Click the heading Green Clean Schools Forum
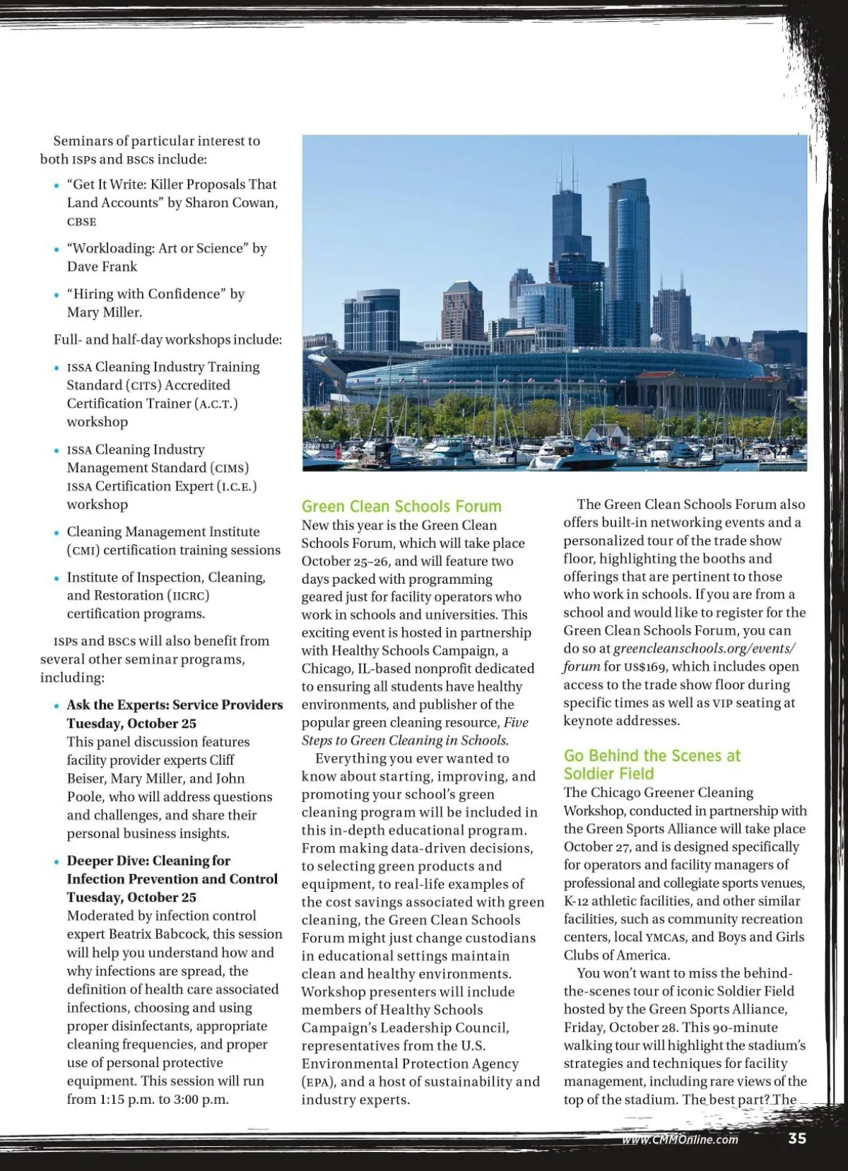[x=401, y=506]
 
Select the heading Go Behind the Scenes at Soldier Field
[x=652, y=765]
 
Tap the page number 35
[x=797, y=1138]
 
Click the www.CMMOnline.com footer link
[x=680, y=1139]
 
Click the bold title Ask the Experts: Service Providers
[x=175, y=705]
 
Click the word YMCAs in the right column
[x=666, y=937]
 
